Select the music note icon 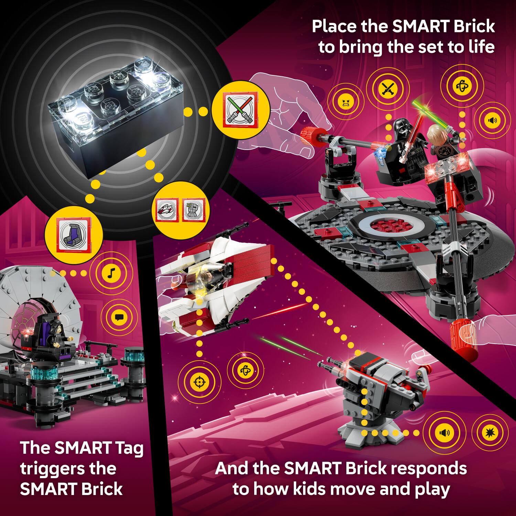110,273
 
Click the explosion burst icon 490,432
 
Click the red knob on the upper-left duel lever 312,136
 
